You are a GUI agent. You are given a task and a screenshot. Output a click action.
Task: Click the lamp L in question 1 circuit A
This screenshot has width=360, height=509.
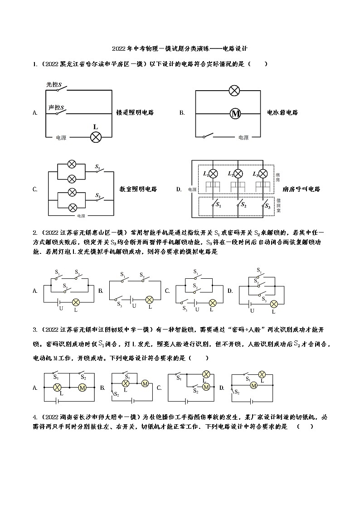95,137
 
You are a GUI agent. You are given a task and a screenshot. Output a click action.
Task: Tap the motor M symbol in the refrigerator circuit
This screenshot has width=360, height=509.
235,113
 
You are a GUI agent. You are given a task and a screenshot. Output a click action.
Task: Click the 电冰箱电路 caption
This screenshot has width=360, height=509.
283,112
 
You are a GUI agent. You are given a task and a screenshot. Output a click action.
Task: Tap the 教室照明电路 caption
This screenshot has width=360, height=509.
138,189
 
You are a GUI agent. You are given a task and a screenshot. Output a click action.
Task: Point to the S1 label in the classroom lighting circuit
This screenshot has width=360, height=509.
97,167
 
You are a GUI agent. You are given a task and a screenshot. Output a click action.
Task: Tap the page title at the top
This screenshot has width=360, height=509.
180,48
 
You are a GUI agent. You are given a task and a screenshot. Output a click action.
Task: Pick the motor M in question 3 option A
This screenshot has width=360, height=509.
83,388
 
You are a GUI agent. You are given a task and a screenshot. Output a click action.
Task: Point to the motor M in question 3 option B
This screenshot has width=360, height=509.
145,383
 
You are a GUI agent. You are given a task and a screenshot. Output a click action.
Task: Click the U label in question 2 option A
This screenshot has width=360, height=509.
61,308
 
